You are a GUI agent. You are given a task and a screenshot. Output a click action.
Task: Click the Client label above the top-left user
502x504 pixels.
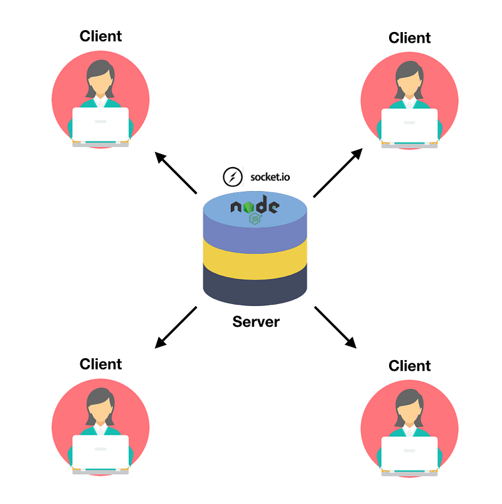(x=100, y=36)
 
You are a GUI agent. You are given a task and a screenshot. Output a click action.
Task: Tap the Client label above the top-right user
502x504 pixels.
(x=410, y=38)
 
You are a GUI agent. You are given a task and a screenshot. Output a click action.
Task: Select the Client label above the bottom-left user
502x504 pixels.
(x=100, y=364)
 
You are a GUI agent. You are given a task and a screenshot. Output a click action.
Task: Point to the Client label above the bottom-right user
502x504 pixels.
(x=410, y=366)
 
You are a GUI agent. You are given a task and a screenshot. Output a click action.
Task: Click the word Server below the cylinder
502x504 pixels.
(x=256, y=322)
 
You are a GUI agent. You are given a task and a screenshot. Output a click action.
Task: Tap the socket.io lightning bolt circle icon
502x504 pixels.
(x=233, y=177)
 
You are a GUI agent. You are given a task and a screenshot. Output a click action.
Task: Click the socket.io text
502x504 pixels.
(x=270, y=177)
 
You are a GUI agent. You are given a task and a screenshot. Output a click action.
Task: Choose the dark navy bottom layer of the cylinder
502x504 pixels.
(x=255, y=283)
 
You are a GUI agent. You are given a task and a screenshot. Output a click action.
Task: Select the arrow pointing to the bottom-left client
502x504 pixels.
(x=176, y=327)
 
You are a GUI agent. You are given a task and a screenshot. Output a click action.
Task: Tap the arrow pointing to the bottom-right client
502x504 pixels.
(x=335, y=327)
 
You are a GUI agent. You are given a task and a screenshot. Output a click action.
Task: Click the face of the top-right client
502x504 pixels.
(x=410, y=80)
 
